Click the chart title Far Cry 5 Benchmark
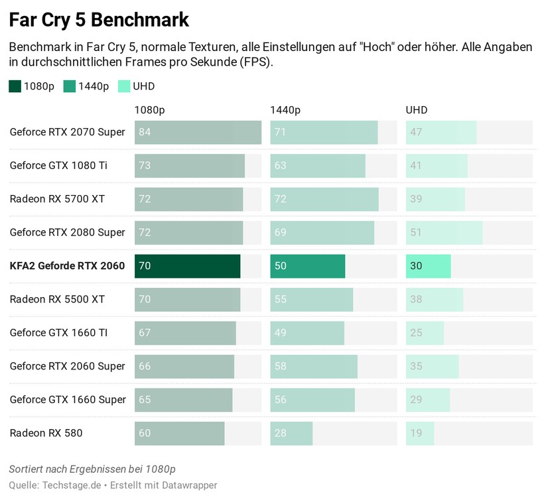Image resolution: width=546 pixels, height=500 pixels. (99, 20)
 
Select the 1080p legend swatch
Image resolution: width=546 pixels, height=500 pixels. (15, 86)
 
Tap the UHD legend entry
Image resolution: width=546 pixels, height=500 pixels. (143, 86)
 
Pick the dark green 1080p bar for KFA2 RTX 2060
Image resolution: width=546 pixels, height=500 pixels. (187, 266)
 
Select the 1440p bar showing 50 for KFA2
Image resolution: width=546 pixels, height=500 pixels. (307, 266)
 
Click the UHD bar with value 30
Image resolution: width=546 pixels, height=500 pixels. (428, 266)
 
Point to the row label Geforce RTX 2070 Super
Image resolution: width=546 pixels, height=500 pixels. (67, 132)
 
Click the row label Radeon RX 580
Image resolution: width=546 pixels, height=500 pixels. (46, 433)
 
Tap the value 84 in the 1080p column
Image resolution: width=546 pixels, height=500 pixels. (145, 132)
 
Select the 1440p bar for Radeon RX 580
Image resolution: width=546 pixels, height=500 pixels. (291, 433)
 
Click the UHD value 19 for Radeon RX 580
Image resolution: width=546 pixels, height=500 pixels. (416, 433)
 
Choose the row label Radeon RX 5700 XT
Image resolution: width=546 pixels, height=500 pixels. (57, 199)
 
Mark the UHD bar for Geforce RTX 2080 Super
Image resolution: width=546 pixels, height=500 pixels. (444, 232)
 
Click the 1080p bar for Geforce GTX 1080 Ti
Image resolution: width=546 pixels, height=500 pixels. (189, 165)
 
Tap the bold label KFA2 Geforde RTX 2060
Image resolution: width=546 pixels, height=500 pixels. (67, 266)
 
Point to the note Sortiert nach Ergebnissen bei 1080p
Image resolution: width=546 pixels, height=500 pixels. (92, 469)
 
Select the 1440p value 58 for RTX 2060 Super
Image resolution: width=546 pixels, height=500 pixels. (281, 366)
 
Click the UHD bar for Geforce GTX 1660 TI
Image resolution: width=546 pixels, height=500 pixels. (425, 333)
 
